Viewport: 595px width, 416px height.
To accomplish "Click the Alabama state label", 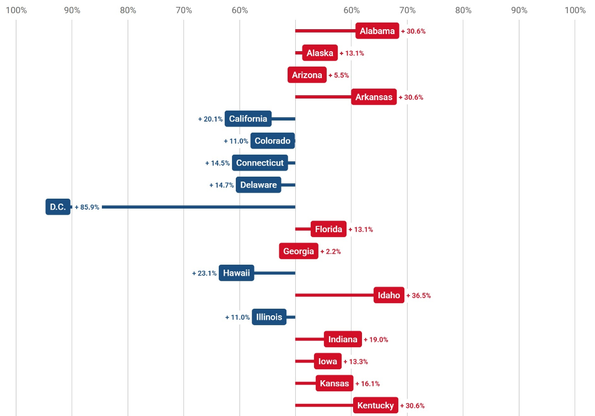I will [x=377, y=31].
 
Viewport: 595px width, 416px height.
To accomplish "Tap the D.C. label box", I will [x=58, y=207].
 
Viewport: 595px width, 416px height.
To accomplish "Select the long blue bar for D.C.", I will [x=198, y=207].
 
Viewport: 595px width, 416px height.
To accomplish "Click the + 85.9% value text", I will [x=87, y=207].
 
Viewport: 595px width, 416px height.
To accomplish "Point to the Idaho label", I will [x=389, y=295].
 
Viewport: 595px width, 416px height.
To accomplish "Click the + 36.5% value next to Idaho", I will [x=419, y=295].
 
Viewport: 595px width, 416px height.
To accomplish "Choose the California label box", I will [x=248, y=119].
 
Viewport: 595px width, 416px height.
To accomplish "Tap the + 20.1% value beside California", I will [x=210, y=119].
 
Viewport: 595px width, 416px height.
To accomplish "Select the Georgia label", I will [x=299, y=251].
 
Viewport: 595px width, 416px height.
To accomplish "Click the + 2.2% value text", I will [x=331, y=251].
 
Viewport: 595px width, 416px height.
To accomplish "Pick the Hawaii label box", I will [x=236, y=273].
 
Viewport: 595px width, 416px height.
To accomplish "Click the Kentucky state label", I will [x=376, y=406].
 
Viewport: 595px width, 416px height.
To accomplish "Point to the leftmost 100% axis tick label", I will [x=16, y=10].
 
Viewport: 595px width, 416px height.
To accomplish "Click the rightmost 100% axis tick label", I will [x=575, y=10].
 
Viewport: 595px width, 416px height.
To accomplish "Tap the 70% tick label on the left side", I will [x=184, y=10].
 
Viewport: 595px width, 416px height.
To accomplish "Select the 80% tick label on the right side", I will [x=463, y=10].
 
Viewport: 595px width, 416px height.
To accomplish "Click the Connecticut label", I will [x=260, y=163].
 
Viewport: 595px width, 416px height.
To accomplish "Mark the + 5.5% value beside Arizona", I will [x=339, y=75].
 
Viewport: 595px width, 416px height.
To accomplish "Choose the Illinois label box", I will [x=269, y=317].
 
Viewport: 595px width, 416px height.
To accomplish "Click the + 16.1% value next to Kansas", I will [x=367, y=384].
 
